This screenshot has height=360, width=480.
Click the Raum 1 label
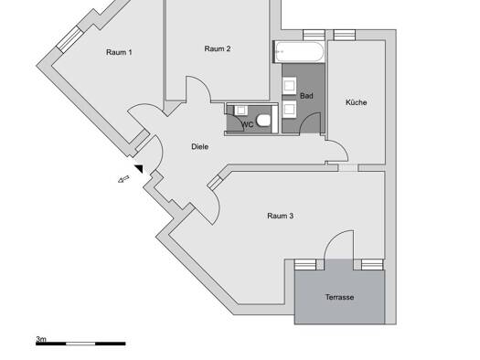click(119, 52)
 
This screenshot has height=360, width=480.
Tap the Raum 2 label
click(218, 48)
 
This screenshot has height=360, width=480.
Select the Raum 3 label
click(280, 216)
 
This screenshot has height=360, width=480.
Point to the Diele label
click(200, 147)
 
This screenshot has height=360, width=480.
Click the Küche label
click(357, 102)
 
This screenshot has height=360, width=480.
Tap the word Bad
click(306, 96)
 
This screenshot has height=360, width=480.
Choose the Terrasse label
click(339, 297)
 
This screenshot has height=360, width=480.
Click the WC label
click(248, 124)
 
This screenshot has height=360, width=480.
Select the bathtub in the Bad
click(299, 52)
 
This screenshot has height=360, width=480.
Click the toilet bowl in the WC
click(263, 121)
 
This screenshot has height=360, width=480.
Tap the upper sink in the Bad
click(289, 85)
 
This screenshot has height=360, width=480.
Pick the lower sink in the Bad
click(289, 110)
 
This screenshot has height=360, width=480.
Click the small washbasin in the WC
click(241, 111)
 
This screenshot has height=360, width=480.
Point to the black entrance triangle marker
click(140, 168)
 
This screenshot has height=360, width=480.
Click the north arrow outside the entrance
click(123, 179)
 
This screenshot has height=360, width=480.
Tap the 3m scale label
click(41, 339)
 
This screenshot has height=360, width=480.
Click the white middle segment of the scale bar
click(80, 344)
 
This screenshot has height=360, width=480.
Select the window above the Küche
click(345, 35)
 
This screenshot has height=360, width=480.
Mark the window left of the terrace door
click(305, 265)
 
